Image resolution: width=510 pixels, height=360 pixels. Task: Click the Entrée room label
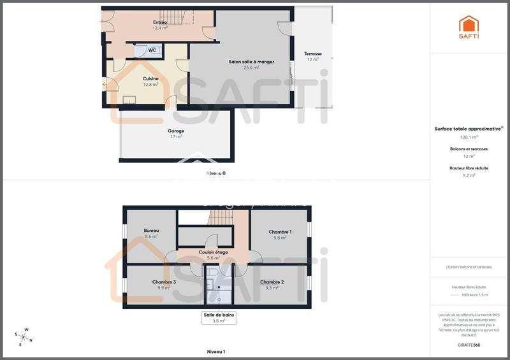(160, 22)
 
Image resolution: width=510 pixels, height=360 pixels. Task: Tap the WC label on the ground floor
(152, 50)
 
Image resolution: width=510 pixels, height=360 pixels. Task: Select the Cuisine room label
(150, 79)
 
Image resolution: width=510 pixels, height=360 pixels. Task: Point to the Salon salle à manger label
(251, 62)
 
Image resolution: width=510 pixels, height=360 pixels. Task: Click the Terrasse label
(312, 54)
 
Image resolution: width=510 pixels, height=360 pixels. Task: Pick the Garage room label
(176, 131)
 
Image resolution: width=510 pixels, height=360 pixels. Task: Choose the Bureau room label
(151, 231)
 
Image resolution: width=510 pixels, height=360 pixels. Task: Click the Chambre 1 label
(280, 232)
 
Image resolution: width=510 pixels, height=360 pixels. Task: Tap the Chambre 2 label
(272, 282)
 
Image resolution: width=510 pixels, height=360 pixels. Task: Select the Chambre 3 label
(164, 282)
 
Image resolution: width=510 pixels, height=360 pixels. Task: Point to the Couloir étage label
(213, 252)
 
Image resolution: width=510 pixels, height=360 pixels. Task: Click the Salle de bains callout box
(219, 317)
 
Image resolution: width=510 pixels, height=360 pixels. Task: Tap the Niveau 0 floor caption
(216, 173)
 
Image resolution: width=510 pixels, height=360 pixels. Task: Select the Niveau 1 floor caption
(216, 351)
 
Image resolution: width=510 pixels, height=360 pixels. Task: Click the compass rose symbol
(23, 336)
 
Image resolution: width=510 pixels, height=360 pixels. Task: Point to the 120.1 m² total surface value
(469, 136)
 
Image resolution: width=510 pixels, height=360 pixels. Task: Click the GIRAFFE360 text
(469, 345)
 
